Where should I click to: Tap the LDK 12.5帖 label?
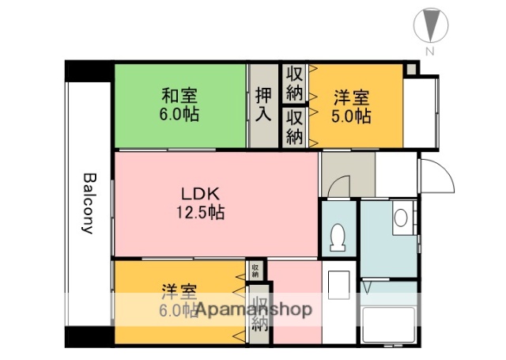[x=199, y=203]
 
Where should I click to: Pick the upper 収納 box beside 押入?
[x=294, y=83]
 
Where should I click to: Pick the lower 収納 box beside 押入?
[x=294, y=127]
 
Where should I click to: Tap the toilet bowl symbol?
[x=338, y=237]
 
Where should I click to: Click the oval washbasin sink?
[x=401, y=217]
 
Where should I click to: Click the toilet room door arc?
[x=338, y=188]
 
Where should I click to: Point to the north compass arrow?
[x=430, y=24]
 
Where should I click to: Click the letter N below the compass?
[x=429, y=51]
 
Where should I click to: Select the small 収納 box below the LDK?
[x=255, y=271]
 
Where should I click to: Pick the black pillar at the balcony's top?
[x=89, y=70]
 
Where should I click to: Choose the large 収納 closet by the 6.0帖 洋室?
[x=259, y=314]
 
